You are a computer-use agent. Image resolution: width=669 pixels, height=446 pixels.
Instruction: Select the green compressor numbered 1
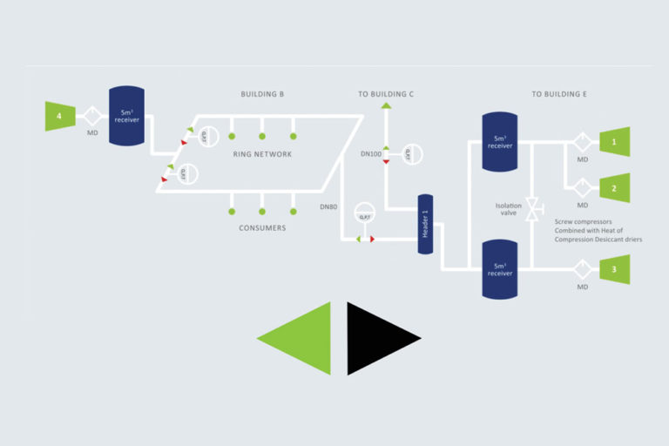click(x=614, y=142)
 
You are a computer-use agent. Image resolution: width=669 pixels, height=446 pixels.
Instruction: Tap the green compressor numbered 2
click(x=614, y=186)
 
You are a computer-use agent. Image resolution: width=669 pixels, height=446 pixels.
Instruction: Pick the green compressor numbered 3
click(x=614, y=269)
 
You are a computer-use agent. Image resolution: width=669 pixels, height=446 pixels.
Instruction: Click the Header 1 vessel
click(x=426, y=224)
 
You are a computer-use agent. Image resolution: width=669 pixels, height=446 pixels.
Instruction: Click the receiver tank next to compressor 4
click(x=128, y=116)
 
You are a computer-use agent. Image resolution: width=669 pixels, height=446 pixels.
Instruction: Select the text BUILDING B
click(x=263, y=93)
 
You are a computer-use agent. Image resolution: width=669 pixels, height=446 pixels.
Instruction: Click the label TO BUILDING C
click(x=386, y=93)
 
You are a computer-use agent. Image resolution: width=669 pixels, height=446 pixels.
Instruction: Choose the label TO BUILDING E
click(x=558, y=93)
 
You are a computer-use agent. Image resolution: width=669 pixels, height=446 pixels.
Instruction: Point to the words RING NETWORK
click(x=262, y=154)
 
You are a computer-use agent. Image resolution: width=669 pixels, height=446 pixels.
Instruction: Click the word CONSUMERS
click(x=262, y=228)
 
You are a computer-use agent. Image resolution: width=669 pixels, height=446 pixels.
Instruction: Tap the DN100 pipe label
click(x=371, y=154)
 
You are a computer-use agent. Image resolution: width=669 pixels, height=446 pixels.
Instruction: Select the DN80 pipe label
click(x=328, y=207)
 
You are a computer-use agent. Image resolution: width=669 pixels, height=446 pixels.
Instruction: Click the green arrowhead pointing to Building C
click(x=386, y=106)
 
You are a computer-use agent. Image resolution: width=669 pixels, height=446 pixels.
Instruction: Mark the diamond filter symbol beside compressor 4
click(x=92, y=116)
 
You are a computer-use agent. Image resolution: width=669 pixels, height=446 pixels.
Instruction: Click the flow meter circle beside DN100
click(x=409, y=154)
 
